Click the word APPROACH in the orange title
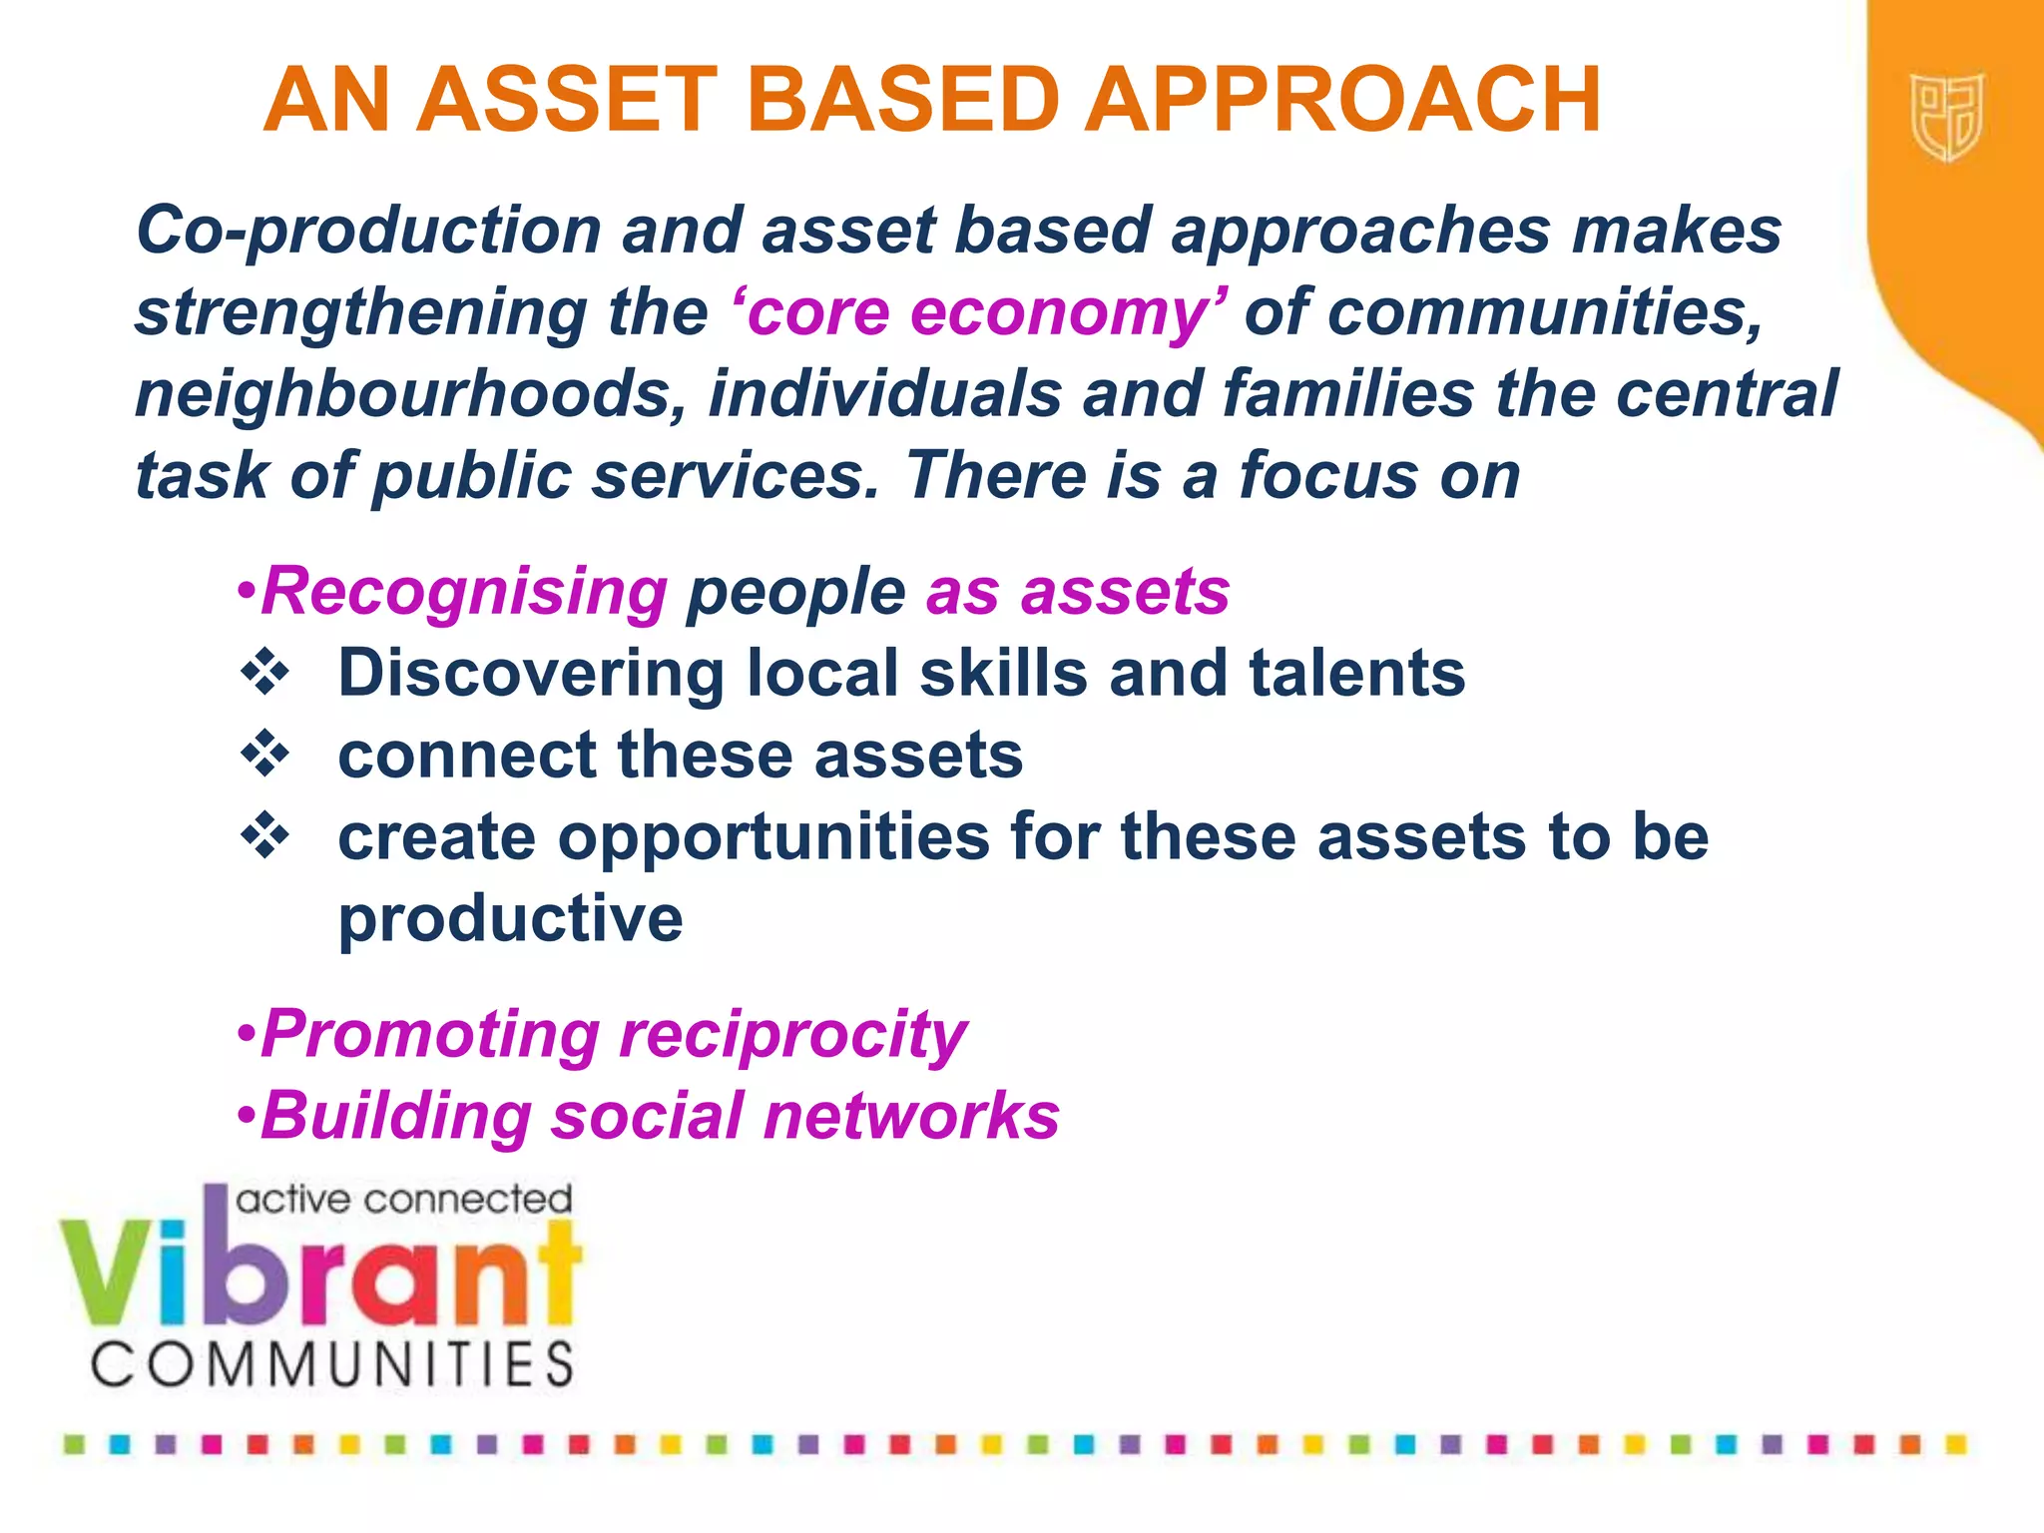click(x=1341, y=100)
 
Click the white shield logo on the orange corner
click(x=1946, y=117)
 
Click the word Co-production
click(x=368, y=232)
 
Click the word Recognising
click(x=464, y=592)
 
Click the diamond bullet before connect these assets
click(x=265, y=754)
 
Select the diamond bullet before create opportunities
click(x=265, y=835)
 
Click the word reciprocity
click(x=792, y=1035)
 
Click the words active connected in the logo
click(x=403, y=1199)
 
